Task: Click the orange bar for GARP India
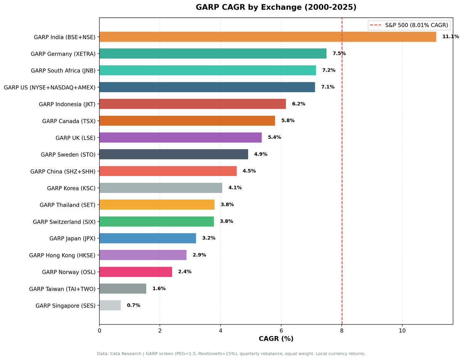[x=267, y=37]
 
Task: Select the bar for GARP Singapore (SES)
[x=110, y=305]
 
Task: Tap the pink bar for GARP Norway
[x=135, y=272]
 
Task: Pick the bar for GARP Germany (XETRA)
[x=213, y=54]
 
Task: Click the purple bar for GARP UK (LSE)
[x=180, y=137]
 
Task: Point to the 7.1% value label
[x=328, y=87]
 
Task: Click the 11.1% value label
[x=450, y=37]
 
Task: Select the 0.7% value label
[x=133, y=305]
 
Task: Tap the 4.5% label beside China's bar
[x=249, y=171]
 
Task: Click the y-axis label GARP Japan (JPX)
[x=72, y=238]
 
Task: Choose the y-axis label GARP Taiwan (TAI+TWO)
[x=62, y=289]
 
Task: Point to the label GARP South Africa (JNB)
[x=63, y=71]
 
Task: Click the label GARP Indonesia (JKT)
[x=67, y=104]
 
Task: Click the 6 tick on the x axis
[x=281, y=331]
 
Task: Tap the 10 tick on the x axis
[x=402, y=331]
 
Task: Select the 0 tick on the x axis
[x=99, y=331]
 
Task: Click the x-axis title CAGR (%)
[x=276, y=339]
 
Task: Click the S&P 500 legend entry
[x=409, y=25]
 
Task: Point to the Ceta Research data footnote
[x=231, y=353]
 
